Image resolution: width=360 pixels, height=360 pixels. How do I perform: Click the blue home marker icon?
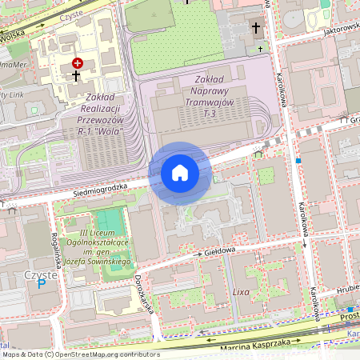click(x=180, y=172)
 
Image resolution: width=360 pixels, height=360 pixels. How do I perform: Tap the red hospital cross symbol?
click(x=77, y=62)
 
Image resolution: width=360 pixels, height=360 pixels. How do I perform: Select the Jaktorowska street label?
click(x=330, y=29)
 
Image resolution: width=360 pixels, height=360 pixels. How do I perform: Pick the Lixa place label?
click(x=241, y=292)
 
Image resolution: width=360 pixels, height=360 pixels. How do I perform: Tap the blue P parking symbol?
click(x=42, y=283)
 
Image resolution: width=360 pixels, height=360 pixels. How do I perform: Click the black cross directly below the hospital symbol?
click(x=76, y=76)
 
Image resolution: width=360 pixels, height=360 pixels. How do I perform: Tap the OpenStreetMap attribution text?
click(x=80, y=354)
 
